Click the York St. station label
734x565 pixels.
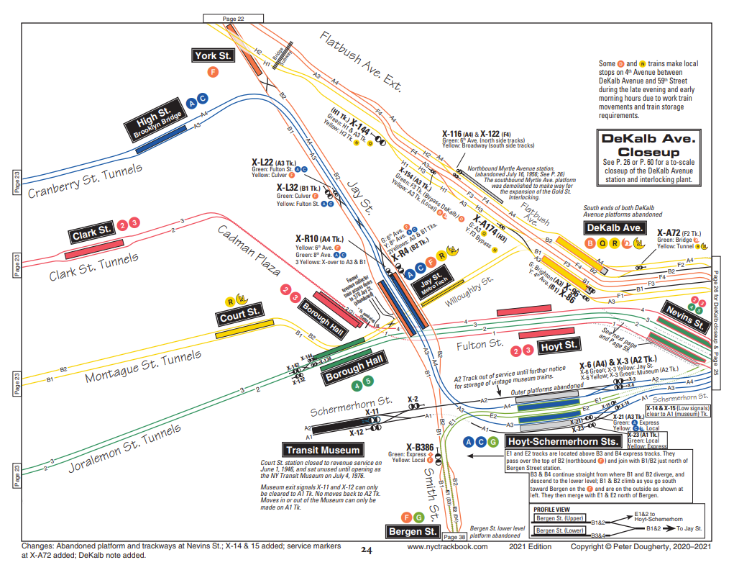pyautogui.click(x=214, y=55)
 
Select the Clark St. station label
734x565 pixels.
pyautogui.click(x=92, y=232)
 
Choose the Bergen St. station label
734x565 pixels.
pyautogui.click(x=412, y=532)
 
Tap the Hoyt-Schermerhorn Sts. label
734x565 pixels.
pyautogui.click(x=563, y=441)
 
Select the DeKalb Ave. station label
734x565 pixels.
pyautogui.click(x=613, y=227)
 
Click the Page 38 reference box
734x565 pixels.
pyautogui.click(x=455, y=537)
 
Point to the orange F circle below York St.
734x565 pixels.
pyautogui.click(x=212, y=72)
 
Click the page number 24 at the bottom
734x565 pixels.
pyautogui.click(x=367, y=551)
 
